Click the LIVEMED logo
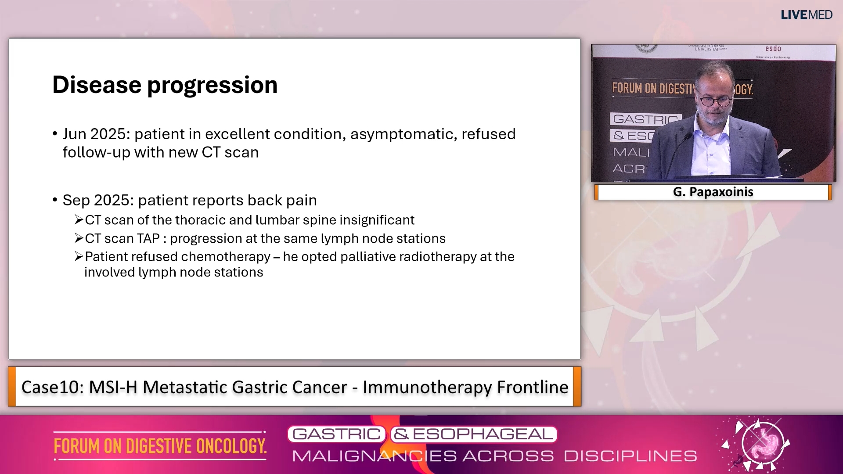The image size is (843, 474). pyautogui.click(x=806, y=15)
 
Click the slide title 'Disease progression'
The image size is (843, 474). pyautogui.click(x=165, y=85)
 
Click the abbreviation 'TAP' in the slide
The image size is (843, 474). pyautogui.click(x=148, y=239)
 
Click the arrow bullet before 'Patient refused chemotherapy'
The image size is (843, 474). pyautogui.click(x=79, y=256)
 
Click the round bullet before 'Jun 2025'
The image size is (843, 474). pyautogui.click(x=55, y=134)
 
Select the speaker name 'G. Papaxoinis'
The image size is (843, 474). pyautogui.click(x=713, y=192)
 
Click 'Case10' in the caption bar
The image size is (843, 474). pyautogui.click(x=52, y=388)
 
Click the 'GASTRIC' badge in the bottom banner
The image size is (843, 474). pyautogui.click(x=336, y=434)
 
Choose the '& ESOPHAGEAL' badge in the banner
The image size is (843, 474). pyautogui.click(x=473, y=434)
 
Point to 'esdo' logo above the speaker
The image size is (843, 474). pyautogui.click(x=773, y=49)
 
